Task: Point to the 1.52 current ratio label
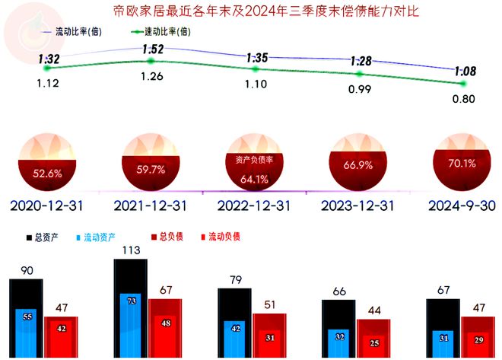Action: click(x=152, y=49)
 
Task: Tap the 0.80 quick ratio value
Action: click(x=463, y=97)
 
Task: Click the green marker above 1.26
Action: click(x=151, y=61)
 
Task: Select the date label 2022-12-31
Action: click(x=255, y=205)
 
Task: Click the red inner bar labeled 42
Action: click(x=60, y=329)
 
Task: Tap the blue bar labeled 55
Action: click(x=27, y=317)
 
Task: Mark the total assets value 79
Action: click(x=234, y=280)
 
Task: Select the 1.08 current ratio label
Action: click(x=465, y=72)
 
